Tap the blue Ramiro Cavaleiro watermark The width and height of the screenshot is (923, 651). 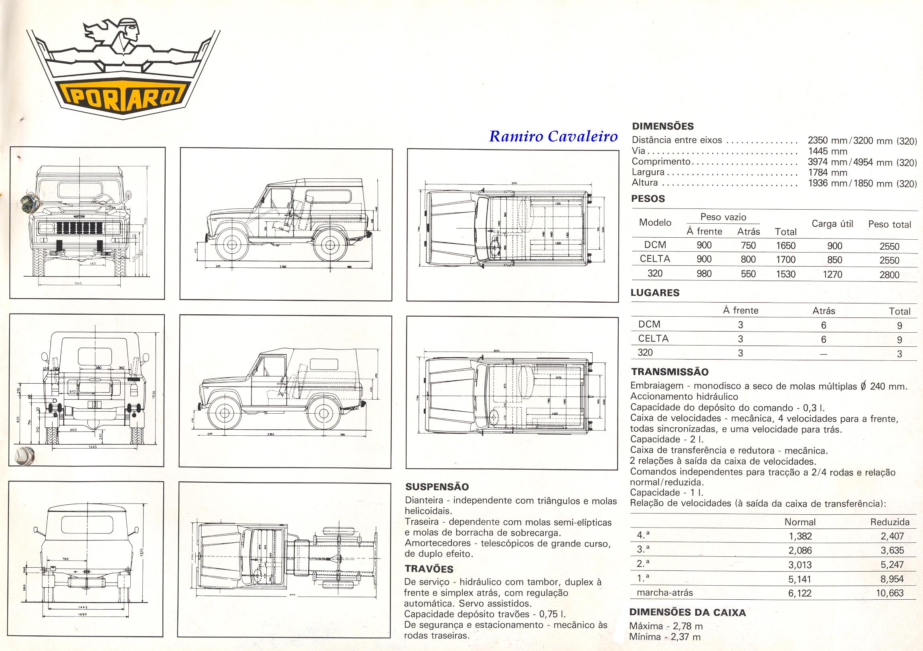pyautogui.click(x=553, y=137)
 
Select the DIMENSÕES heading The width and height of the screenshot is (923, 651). pyautogui.click(x=663, y=126)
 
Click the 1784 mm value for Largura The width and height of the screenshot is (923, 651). pyautogui.click(x=827, y=173)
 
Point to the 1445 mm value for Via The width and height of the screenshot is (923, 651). pyautogui.click(x=827, y=152)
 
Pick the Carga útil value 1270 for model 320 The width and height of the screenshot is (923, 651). pyautogui.click(x=832, y=275)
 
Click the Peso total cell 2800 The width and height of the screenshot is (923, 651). pyautogui.click(x=889, y=275)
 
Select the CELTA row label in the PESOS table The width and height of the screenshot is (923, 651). pyautogui.click(x=655, y=259)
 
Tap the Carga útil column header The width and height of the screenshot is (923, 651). pyautogui.click(x=832, y=224)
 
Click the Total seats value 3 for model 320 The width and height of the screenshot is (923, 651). pyautogui.click(x=900, y=354)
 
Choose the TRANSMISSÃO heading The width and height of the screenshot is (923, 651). pyautogui.click(x=670, y=372)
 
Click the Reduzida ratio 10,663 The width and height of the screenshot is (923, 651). pyautogui.click(x=890, y=593)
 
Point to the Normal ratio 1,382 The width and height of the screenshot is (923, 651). pyautogui.click(x=800, y=536)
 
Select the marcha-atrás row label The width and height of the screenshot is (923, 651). pyautogui.click(x=664, y=593)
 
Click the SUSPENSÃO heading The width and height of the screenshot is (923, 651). pyautogui.click(x=437, y=487)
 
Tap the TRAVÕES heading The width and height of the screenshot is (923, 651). pyautogui.click(x=429, y=569)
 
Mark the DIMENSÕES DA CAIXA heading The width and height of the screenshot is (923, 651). pyautogui.click(x=687, y=613)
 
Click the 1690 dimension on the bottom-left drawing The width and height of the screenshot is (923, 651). pyautogui.click(x=83, y=615)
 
